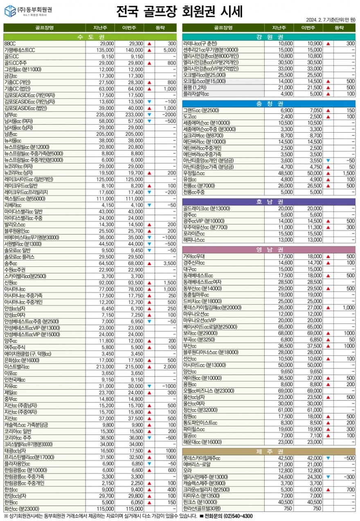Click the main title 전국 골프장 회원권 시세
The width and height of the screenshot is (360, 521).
(179, 11)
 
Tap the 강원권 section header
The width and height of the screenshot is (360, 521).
(268, 36)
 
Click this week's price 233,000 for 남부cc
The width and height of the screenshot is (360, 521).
(134, 115)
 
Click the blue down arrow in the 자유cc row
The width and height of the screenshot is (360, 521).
(149, 386)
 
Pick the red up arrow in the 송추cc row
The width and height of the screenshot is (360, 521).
(149, 264)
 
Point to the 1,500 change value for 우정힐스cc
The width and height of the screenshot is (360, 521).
(348, 173)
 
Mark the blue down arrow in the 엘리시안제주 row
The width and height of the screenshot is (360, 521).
(328, 477)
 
